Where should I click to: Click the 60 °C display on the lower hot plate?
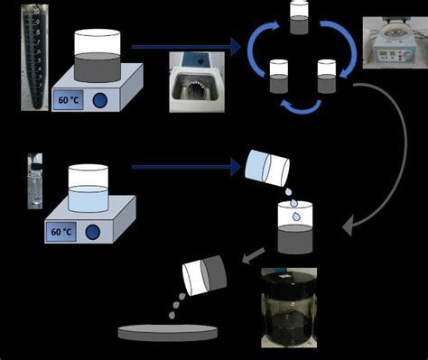[x=61, y=231]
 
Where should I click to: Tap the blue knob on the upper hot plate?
[x=101, y=100]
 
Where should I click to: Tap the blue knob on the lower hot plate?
[x=93, y=232]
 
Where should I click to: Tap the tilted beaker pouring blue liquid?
[x=266, y=169]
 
